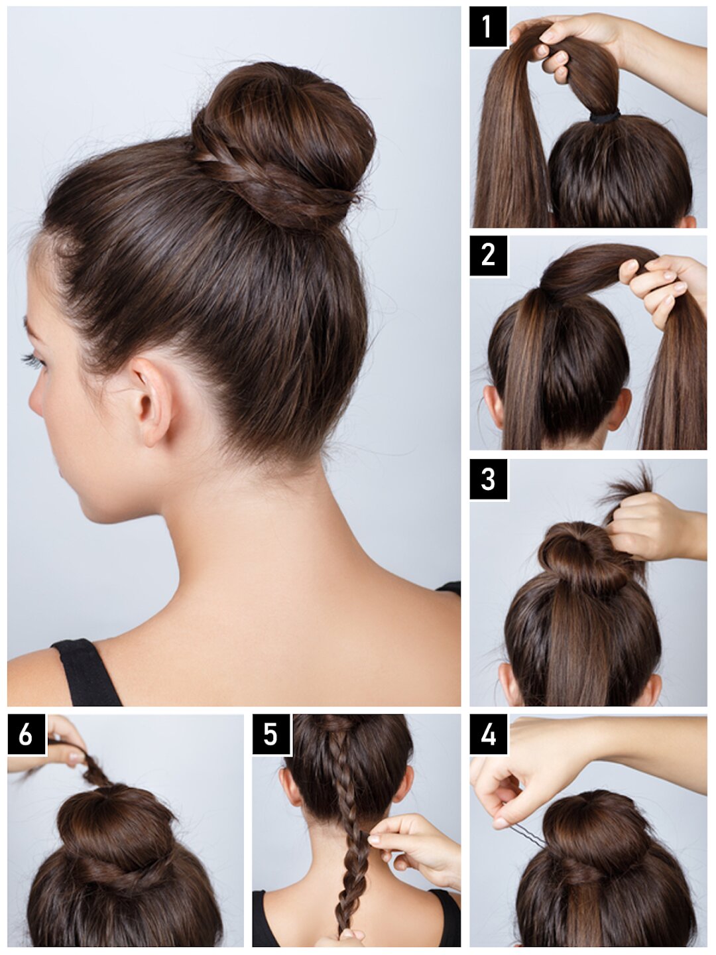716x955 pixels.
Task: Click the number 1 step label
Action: (x=488, y=27)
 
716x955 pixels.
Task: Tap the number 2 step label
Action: (x=488, y=255)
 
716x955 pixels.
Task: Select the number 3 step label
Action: (x=488, y=479)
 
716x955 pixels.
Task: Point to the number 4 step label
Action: (x=488, y=734)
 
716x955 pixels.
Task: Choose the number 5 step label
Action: (x=271, y=734)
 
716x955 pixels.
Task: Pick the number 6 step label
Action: (x=26, y=734)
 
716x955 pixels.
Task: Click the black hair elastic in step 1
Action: (x=605, y=117)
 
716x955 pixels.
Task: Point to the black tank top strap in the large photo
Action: (x=86, y=672)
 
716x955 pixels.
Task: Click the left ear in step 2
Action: (x=494, y=407)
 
